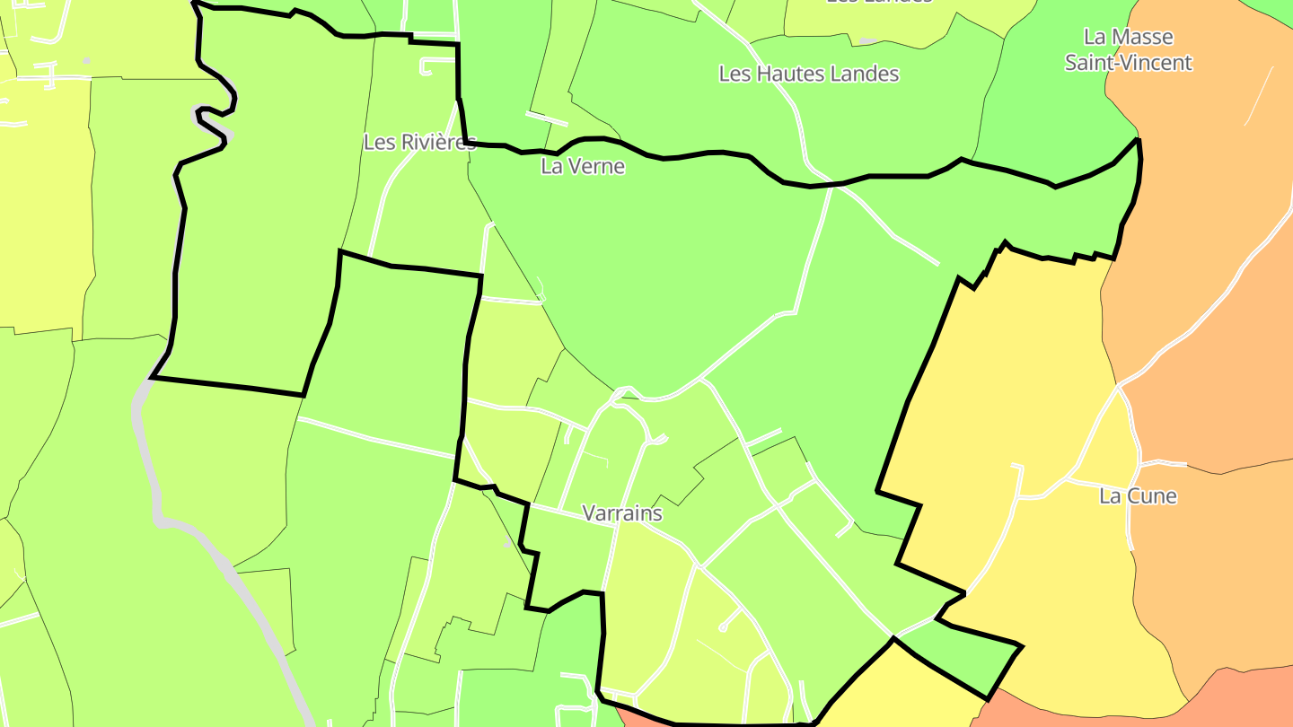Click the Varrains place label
[622, 513]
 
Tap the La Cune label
[1138, 496]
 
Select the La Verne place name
[583, 166]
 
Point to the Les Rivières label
[418, 142]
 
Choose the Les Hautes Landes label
[809, 74]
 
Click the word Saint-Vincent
[1128, 63]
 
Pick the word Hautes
[785, 74]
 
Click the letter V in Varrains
[589, 513]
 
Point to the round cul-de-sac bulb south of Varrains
[723, 627]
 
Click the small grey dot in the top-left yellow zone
[86, 61]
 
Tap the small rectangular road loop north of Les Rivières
[438, 66]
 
